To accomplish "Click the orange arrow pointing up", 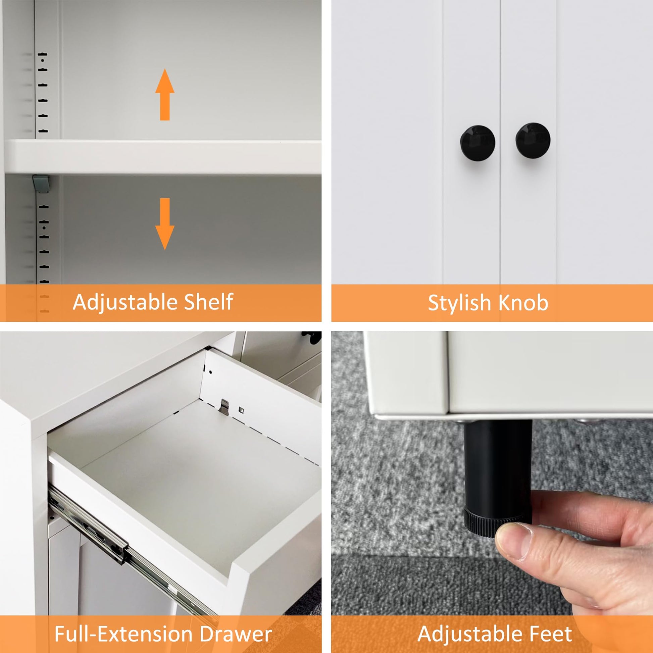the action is [x=165, y=94].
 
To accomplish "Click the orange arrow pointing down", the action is [x=165, y=224].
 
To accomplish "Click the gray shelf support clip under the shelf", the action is [x=41, y=184].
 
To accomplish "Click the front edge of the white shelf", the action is [x=162, y=157].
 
